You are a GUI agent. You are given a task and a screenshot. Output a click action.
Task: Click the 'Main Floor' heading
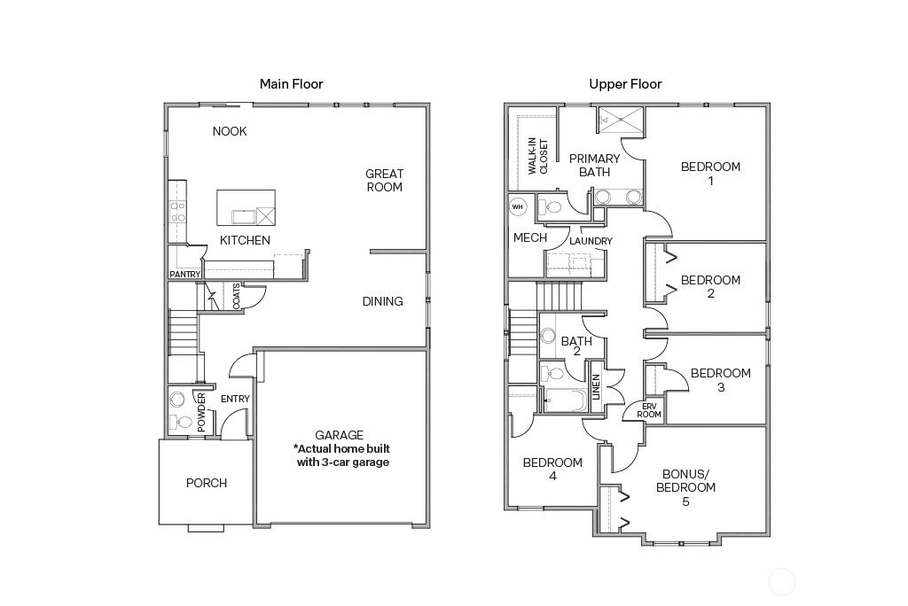(x=291, y=84)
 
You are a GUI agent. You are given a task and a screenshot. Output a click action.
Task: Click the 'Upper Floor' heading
(x=625, y=84)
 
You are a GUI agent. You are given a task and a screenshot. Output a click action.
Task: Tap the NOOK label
(x=230, y=132)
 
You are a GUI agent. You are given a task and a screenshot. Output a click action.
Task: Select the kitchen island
(x=246, y=207)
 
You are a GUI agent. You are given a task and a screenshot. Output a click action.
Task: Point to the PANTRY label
(x=185, y=275)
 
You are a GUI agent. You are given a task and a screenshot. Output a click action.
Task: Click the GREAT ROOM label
(x=384, y=181)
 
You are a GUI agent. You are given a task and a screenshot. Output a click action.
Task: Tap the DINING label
(x=382, y=301)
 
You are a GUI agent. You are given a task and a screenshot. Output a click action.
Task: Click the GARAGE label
(x=340, y=435)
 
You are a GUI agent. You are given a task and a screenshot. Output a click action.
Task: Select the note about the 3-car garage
(x=342, y=455)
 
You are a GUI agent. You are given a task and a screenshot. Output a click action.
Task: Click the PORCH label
(x=206, y=483)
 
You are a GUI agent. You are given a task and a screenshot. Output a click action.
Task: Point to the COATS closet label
(x=237, y=297)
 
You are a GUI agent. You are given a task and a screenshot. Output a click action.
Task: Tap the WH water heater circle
(x=519, y=207)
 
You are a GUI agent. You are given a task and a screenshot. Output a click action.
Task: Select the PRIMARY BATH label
(x=594, y=165)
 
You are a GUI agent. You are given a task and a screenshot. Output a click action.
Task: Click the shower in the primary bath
(x=620, y=120)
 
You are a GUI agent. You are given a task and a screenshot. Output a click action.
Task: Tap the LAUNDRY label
(x=591, y=241)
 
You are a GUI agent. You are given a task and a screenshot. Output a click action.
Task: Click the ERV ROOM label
(x=649, y=411)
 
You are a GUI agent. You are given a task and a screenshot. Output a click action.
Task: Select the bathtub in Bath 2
(x=564, y=400)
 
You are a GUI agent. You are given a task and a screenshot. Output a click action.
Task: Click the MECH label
(x=529, y=237)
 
